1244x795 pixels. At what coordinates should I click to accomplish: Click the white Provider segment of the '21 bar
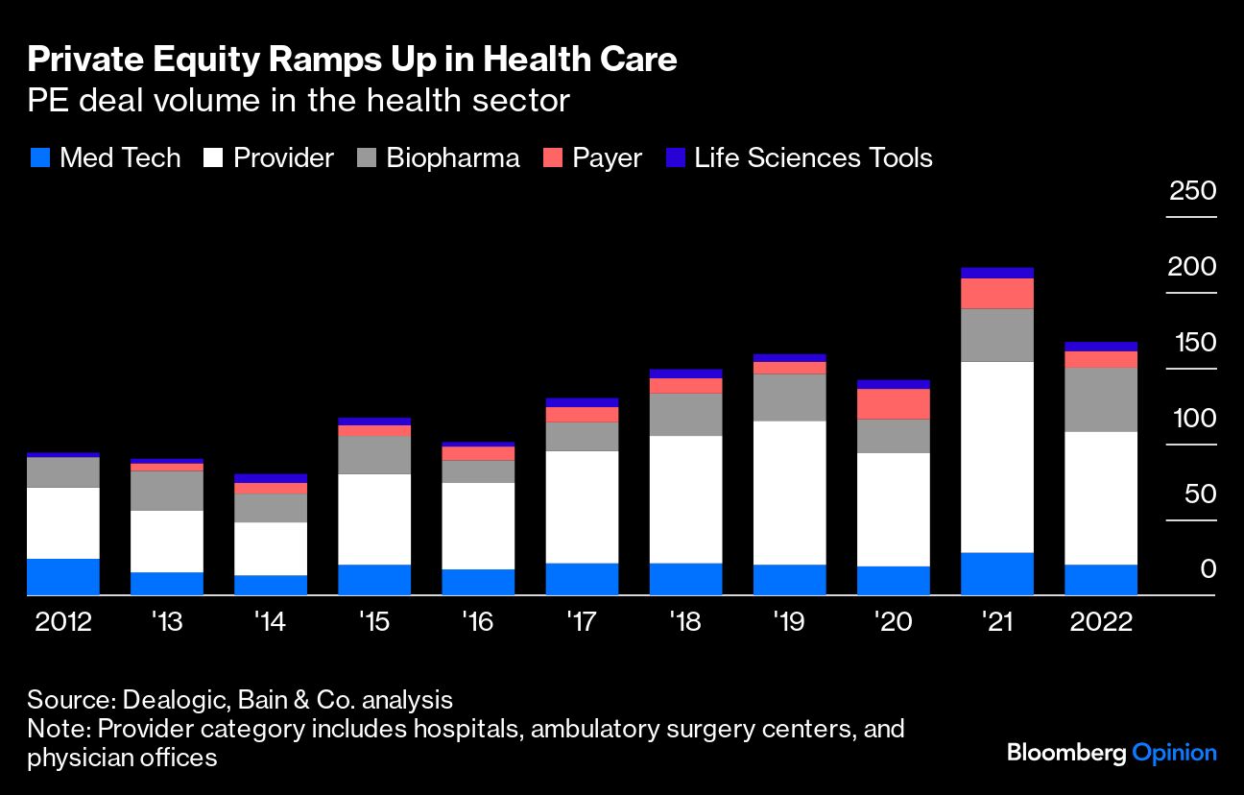click(996, 456)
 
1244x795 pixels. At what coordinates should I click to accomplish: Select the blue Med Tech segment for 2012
click(63, 576)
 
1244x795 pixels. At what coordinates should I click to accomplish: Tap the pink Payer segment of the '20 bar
click(893, 403)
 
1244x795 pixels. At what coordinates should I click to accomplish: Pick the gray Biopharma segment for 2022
click(1100, 399)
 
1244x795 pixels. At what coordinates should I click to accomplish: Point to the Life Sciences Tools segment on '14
click(271, 478)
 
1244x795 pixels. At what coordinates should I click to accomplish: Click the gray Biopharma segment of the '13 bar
click(167, 490)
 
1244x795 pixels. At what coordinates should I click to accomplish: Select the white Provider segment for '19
click(789, 492)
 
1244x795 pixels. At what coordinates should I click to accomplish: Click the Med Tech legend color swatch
click(39, 158)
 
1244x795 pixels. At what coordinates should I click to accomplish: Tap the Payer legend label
click(607, 158)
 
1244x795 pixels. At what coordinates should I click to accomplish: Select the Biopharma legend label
click(452, 158)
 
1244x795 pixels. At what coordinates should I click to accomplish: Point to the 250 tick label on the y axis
click(1192, 190)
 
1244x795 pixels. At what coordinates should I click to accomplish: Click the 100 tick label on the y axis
click(1192, 419)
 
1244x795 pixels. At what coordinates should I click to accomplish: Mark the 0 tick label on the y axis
click(1208, 569)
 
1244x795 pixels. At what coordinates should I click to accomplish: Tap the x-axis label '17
click(582, 622)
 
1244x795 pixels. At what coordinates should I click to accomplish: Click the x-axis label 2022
click(1100, 622)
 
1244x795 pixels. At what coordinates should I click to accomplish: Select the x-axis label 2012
click(63, 622)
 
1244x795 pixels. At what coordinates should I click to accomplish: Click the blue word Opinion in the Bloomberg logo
click(1174, 753)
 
